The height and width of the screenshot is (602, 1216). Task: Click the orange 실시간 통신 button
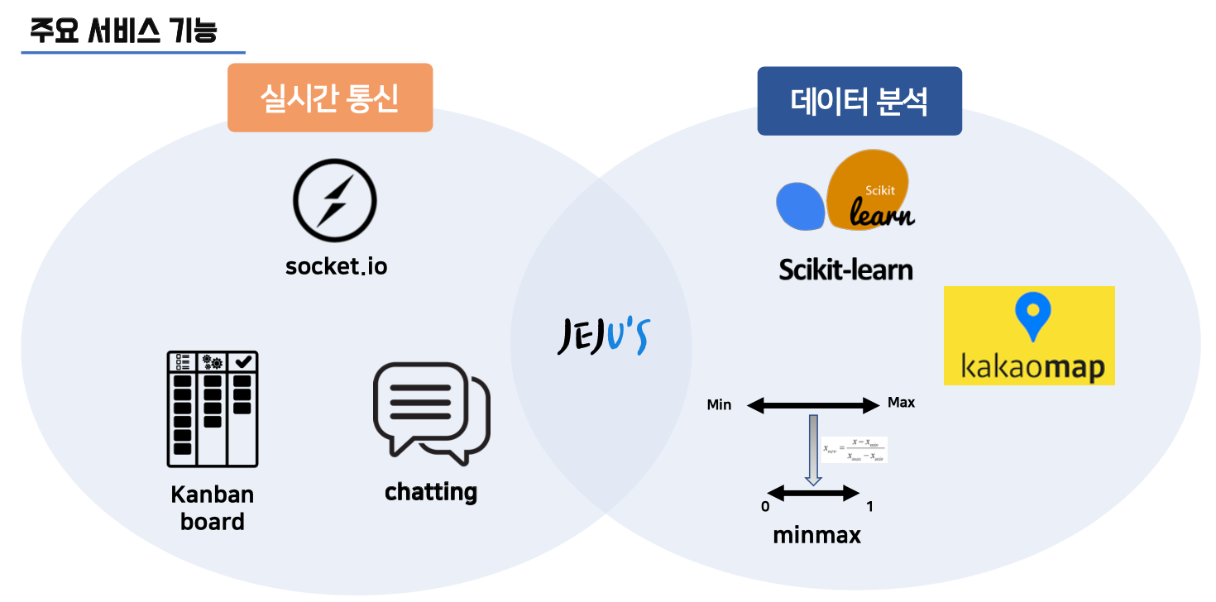[330, 98]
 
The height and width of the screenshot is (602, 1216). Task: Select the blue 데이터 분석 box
[859, 101]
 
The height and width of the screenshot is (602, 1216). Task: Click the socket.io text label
[336, 266]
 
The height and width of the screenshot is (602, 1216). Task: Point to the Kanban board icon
[213, 408]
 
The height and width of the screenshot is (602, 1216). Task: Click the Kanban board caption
[213, 508]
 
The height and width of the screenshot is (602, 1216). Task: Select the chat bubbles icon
[430, 411]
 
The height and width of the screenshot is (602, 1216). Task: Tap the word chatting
[431, 492]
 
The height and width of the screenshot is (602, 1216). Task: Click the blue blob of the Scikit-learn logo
[800, 206]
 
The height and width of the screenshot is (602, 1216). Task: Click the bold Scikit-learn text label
[845, 270]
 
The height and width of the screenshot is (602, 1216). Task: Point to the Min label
[719, 405]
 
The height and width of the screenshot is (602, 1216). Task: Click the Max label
[901, 403]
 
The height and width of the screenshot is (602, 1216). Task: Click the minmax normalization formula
[855, 449]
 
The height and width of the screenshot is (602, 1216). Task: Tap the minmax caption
[816, 536]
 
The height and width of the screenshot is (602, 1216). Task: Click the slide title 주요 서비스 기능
[123, 31]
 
